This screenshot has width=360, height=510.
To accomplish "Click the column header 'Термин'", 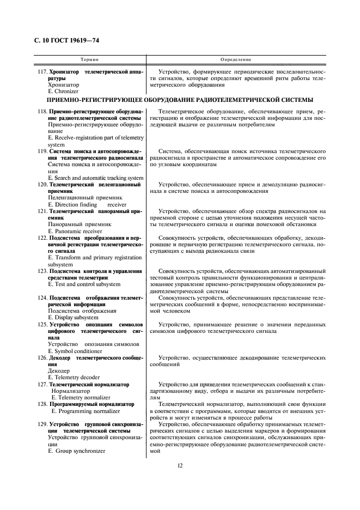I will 89,59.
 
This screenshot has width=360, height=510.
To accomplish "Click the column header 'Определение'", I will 236,59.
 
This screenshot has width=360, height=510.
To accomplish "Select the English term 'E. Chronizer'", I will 63,92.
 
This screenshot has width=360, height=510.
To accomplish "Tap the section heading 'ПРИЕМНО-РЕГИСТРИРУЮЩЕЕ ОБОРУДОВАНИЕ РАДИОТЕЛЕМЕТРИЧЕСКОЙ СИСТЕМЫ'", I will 180,100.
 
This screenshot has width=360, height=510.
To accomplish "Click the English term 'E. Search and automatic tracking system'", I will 96,178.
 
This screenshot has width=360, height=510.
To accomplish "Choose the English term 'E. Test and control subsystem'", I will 84,284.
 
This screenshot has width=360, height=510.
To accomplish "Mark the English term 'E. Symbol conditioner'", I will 76,350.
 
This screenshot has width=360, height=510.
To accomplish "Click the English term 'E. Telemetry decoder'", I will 74,377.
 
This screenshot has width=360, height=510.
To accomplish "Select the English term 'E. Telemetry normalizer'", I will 81,398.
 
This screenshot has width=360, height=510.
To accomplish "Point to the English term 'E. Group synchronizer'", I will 77,451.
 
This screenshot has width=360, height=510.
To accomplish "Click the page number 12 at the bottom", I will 180,465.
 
